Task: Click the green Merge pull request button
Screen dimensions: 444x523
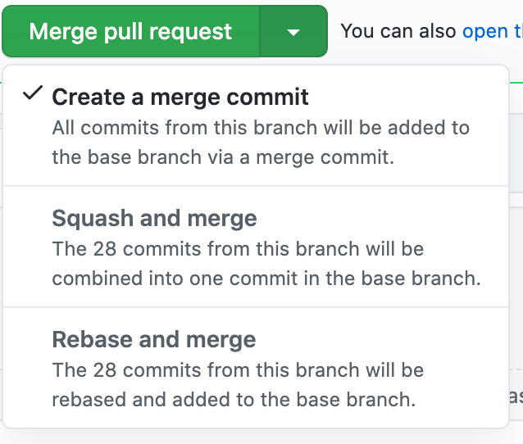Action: click(x=130, y=32)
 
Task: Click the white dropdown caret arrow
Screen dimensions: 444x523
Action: click(x=293, y=32)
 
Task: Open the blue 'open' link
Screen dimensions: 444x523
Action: click(x=484, y=31)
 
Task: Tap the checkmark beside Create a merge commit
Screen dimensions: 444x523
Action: click(x=33, y=94)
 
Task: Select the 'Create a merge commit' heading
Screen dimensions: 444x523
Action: click(x=180, y=97)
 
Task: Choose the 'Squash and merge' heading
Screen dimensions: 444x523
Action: click(x=154, y=218)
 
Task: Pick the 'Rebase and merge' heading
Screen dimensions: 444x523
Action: click(x=154, y=339)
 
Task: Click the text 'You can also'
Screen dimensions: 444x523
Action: click(x=398, y=31)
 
